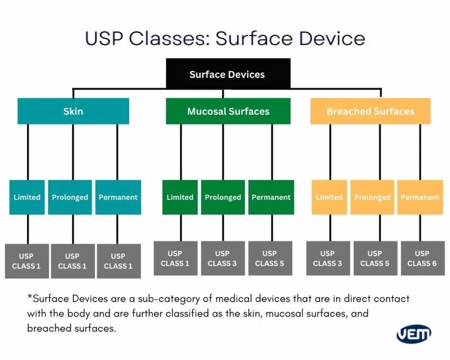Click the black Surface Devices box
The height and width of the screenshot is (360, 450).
(x=227, y=74)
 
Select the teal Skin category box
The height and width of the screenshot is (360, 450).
(x=73, y=111)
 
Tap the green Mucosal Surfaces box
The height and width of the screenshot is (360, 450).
(x=228, y=111)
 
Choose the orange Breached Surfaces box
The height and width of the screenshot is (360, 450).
(x=370, y=111)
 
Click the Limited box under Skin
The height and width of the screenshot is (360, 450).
(x=27, y=197)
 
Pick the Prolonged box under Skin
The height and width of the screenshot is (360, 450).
(x=70, y=197)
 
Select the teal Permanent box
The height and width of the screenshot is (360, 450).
(x=118, y=197)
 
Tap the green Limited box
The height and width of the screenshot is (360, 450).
(x=180, y=197)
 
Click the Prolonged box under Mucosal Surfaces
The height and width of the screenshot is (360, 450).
(x=223, y=197)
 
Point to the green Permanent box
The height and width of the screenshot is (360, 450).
(x=271, y=197)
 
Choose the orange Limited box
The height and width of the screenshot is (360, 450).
(x=329, y=197)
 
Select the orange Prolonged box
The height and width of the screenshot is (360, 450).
(x=372, y=197)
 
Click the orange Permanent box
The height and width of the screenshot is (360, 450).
(x=420, y=197)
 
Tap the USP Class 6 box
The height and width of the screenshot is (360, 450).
(x=422, y=258)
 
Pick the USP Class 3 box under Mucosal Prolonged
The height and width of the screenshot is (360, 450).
(x=222, y=258)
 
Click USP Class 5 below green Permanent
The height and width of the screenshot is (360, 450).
(x=269, y=258)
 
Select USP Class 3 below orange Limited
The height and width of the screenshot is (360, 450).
(x=328, y=258)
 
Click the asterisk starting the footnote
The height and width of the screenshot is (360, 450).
(x=29, y=298)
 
